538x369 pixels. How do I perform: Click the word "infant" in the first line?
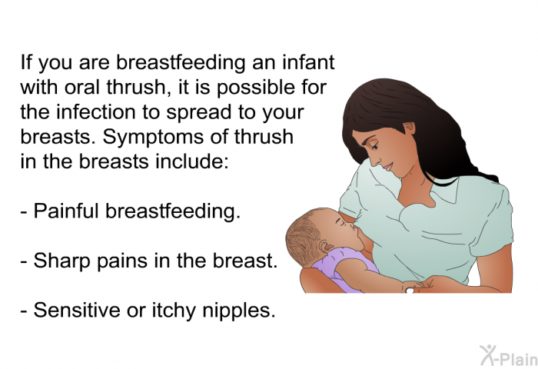tap(308, 62)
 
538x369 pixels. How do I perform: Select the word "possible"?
tap(256, 87)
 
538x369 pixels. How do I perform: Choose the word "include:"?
tap(191, 161)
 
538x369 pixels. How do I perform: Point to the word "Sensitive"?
tap(77, 310)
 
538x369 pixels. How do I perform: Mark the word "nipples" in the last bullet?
tap(239, 311)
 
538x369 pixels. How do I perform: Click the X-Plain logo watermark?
tap(509, 356)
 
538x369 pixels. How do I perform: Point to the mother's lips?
tap(387, 167)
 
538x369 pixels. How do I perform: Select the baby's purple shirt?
tap(343, 267)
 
